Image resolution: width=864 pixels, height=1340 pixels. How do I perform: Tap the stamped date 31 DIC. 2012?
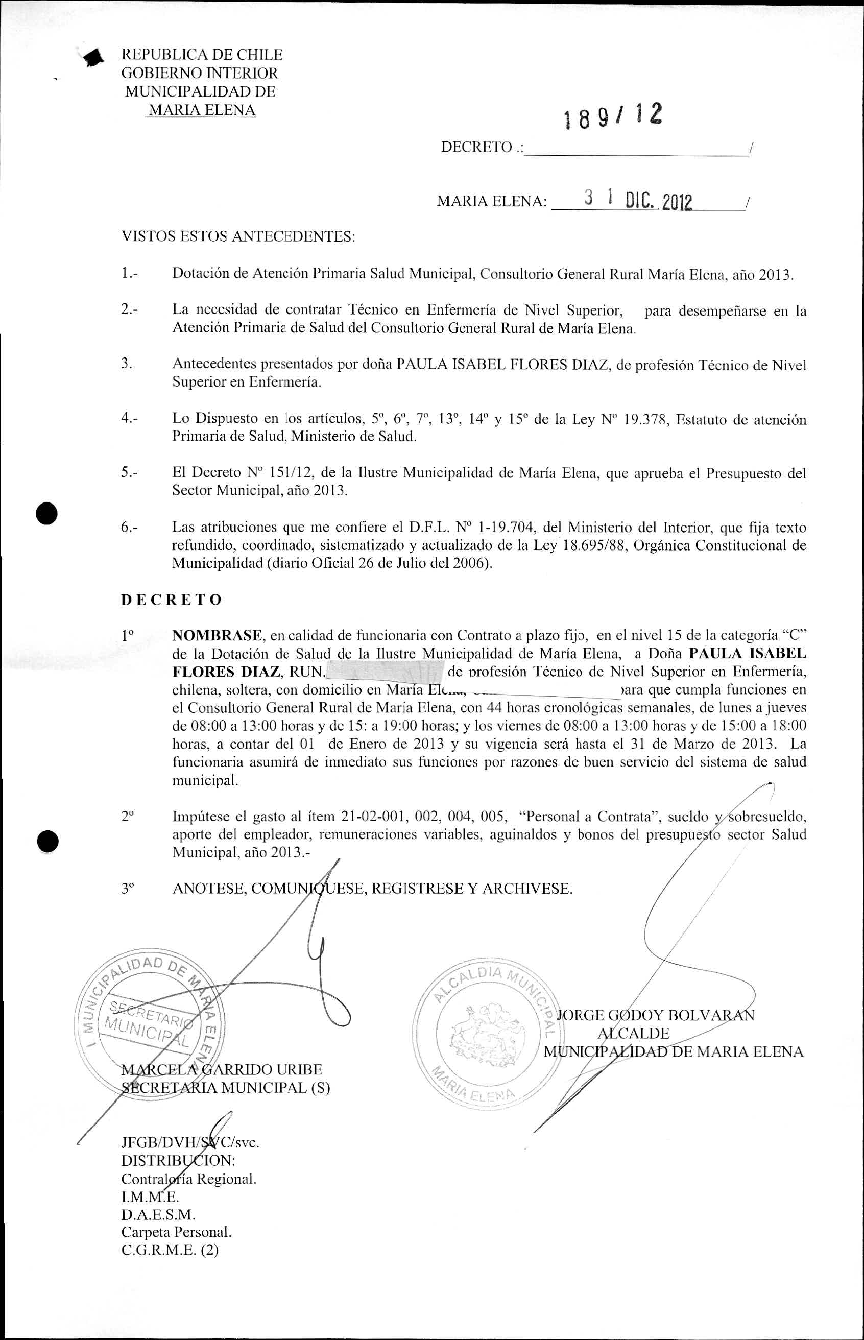tap(638, 200)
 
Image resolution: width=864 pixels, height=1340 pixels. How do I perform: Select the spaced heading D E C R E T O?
tap(172, 600)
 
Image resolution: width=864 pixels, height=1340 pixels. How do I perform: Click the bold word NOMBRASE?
tap(217, 635)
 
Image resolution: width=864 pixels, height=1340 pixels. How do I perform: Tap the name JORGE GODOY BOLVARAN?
tap(655, 1015)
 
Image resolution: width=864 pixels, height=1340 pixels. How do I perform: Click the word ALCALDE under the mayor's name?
tap(633, 1033)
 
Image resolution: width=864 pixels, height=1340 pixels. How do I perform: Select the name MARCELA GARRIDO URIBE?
tap(222, 1070)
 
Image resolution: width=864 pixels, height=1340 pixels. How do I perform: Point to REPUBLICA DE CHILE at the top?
tap(202, 55)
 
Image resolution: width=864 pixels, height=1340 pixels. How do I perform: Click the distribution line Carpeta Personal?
tap(176, 1232)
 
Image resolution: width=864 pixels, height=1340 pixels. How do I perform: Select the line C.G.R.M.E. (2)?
tap(170, 1250)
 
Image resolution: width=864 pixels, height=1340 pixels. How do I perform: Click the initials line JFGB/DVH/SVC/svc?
tap(190, 1142)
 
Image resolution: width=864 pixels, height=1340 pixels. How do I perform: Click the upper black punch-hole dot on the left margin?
tap(47, 513)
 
